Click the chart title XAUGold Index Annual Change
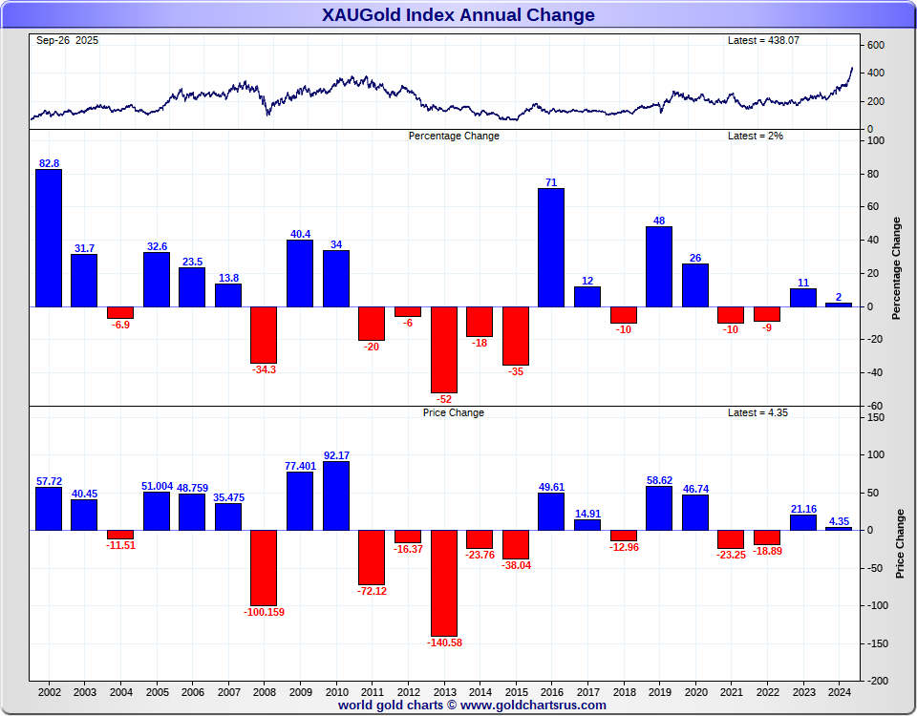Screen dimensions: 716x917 click(x=458, y=14)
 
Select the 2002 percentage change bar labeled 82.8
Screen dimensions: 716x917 click(x=49, y=238)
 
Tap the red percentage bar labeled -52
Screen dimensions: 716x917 click(x=443, y=349)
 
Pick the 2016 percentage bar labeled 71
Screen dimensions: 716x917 click(x=551, y=247)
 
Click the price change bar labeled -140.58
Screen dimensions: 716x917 click(x=443, y=582)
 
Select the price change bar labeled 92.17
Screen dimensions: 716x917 click(x=336, y=495)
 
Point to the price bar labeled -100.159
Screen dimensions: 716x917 click(x=264, y=567)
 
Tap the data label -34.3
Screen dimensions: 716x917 click(x=264, y=369)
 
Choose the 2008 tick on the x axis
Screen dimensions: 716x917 click(x=264, y=691)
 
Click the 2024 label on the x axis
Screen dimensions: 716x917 click(x=839, y=691)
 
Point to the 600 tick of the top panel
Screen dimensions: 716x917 click(x=876, y=45)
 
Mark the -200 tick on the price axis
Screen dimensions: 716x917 click(x=876, y=681)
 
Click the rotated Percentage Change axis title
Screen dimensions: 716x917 click(x=896, y=268)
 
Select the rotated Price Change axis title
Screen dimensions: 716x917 click(x=899, y=543)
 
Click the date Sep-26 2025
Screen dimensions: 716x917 click(x=67, y=40)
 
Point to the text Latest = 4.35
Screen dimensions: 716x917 click(x=757, y=412)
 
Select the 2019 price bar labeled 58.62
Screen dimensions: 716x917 click(x=659, y=508)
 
